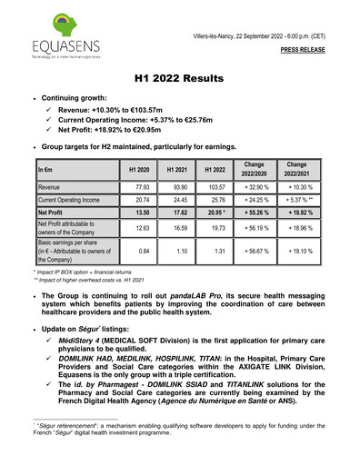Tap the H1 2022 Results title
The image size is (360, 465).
[180, 80]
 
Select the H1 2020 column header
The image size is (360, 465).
[139, 169]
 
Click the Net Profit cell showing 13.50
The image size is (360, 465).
[139, 211]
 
